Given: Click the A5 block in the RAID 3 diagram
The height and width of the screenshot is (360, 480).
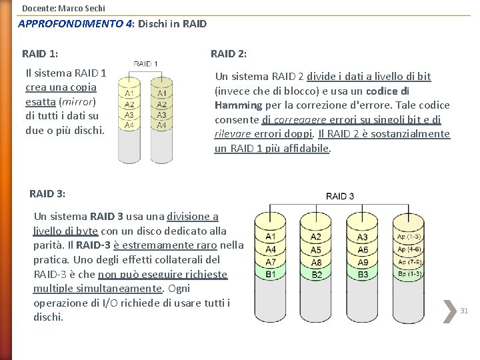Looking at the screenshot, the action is [x=316, y=249].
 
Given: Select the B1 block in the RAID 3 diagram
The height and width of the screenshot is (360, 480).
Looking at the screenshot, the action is [x=271, y=274].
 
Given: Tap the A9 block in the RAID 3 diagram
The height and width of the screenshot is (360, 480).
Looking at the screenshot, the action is [x=363, y=262].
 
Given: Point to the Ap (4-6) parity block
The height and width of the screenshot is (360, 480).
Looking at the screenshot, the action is [x=409, y=249].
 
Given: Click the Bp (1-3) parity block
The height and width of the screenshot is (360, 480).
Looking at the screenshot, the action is [x=409, y=274].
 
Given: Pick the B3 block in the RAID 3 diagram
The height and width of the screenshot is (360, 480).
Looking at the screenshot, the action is [x=363, y=274].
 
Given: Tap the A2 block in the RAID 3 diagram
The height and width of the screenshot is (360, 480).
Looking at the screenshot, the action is [x=316, y=237].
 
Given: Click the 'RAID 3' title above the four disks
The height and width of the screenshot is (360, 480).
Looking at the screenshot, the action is [x=340, y=196].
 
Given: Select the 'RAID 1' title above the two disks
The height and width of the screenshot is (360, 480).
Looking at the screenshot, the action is [x=146, y=64].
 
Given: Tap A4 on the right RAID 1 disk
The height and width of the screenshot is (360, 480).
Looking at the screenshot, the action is [x=161, y=125].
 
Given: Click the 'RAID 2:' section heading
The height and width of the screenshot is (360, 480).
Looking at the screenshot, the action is [x=229, y=53].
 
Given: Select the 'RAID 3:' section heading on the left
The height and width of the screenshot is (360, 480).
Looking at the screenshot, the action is [x=47, y=193].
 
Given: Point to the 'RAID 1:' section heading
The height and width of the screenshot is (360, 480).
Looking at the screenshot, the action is [x=39, y=53].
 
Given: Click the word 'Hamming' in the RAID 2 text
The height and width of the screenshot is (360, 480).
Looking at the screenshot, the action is [x=238, y=105].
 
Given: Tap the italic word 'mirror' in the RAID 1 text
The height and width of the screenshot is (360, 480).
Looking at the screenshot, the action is [x=78, y=101].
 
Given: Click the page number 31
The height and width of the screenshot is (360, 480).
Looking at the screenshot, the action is [x=465, y=311].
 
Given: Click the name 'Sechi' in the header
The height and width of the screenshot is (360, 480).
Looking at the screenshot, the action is [x=93, y=8].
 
